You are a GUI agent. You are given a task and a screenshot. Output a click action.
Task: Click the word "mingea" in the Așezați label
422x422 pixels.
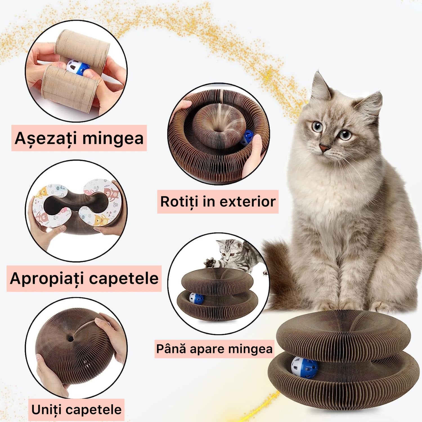[x=113, y=138]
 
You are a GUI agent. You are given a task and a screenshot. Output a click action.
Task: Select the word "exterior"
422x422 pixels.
[x=248, y=202]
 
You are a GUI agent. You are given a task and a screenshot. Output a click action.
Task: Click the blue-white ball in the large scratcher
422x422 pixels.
[x=304, y=367]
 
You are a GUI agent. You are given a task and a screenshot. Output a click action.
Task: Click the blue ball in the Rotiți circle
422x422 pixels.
[x=247, y=137]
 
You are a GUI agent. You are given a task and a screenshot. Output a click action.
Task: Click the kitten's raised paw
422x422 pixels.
[x=210, y=262]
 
